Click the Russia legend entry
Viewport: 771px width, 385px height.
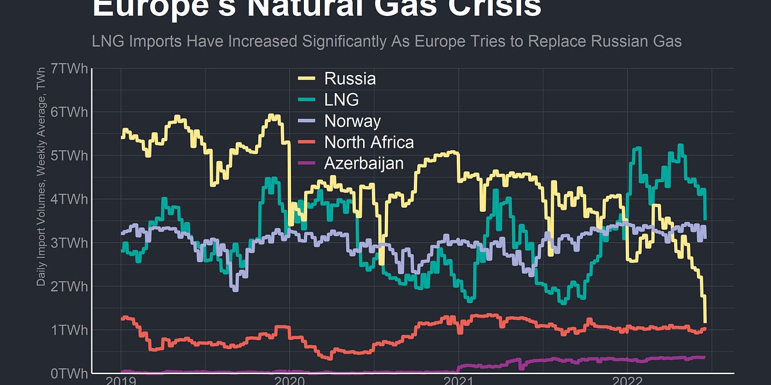(x=350, y=79)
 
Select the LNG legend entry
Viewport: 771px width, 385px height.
(x=341, y=99)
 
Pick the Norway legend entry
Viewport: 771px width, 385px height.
(x=352, y=121)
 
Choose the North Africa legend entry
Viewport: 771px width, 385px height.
(x=369, y=142)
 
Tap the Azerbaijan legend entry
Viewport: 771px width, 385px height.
(x=364, y=163)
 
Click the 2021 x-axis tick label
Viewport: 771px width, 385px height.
(x=458, y=380)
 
